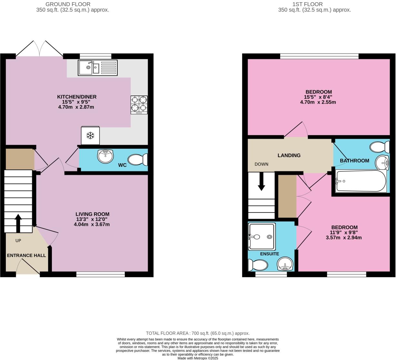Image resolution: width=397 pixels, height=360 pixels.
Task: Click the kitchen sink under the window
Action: click(97, 68)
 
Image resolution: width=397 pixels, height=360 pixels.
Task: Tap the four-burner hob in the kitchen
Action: click(139, 105)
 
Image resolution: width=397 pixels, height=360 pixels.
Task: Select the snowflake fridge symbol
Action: click(90, 135)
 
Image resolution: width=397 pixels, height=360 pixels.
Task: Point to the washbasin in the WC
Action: click(105, 156)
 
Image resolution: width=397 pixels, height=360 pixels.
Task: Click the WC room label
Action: click(122, 165)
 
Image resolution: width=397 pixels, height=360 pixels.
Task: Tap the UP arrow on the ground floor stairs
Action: click(18, 223)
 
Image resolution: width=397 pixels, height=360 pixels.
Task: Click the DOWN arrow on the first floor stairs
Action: click(261, 182)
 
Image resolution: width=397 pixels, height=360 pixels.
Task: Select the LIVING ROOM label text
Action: click(92, 214)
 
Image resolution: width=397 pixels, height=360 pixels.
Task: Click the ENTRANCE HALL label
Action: click(26, 255)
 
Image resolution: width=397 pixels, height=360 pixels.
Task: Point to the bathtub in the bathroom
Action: click(361, 181)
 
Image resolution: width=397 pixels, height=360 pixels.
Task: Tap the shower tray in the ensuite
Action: click(262, 237)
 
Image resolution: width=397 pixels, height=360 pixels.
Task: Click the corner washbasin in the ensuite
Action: click(285, 264)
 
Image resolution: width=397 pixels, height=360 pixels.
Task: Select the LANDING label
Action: click(289, 155)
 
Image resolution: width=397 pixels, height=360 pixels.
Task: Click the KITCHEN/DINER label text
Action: click(77, 97)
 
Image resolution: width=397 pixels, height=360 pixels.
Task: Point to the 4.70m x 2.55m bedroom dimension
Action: click(318, 102)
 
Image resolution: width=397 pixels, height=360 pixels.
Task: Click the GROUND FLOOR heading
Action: click(68, 4)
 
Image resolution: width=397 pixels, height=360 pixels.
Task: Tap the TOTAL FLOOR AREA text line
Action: click(198, 333)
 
